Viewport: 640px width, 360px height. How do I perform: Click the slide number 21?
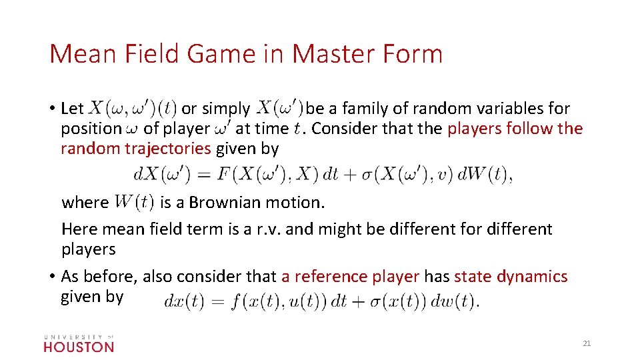pos(587,343)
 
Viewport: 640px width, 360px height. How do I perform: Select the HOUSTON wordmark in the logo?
pos(79,346)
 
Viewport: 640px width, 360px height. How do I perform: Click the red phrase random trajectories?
pos(135,148)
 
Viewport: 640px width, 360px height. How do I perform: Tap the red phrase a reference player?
pos(350,276)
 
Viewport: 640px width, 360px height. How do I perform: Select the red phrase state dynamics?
pos(511,276)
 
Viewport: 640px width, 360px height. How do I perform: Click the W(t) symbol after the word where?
pos(135,201)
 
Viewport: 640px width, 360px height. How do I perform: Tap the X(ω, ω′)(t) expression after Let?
pos(133,107)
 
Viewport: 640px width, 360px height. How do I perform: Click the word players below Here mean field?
pos(88,249)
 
